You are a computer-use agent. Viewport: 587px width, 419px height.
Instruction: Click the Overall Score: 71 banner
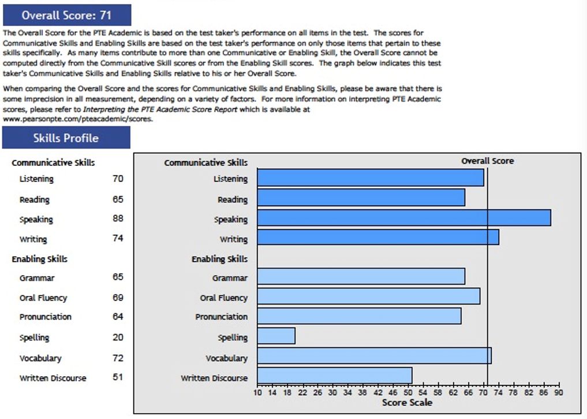coord(66,15)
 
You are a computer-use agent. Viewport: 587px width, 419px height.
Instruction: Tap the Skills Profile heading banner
coord(66,138)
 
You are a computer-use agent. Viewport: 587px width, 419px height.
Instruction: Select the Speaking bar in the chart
coord(403,218)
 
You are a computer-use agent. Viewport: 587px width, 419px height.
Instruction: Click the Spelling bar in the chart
coord(276,336)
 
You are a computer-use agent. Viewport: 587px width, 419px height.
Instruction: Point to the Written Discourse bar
coord(334,376)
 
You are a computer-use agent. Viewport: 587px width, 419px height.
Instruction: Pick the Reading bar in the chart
coord(361,198)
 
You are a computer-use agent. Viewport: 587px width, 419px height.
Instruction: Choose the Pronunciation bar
coord(358,316)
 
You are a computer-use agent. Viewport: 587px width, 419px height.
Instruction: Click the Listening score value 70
coord(118,179)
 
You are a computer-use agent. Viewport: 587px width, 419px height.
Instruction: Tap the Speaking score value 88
coord(118,219)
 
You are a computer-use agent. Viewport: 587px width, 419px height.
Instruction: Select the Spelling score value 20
coord(118,338)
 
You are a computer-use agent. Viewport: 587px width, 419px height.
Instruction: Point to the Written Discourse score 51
coord(118,377)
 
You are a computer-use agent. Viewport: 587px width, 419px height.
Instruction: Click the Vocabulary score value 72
coord(118,358)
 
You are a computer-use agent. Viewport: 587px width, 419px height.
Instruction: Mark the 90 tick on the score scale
coord(559,392)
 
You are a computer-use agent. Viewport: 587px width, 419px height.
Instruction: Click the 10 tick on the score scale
coord(257,392)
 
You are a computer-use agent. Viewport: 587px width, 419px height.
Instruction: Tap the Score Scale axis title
coord(407,403)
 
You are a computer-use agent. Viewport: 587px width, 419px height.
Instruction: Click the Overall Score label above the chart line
coord(487,161)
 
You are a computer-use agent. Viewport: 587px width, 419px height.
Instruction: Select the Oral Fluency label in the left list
coord(43,298)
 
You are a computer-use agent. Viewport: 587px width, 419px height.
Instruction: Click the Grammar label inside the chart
coord(230,279)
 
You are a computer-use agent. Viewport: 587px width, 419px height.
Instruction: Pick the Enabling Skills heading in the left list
coord(40,259)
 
